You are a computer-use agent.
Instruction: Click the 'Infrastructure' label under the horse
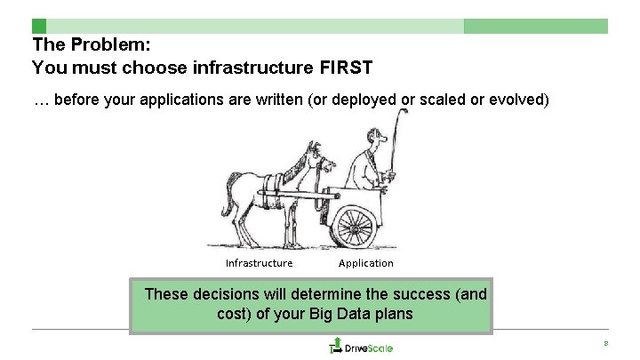(x=259, y=263)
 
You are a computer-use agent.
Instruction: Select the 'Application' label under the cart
(x=365, y=263)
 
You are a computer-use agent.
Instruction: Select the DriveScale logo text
(x=369, y=348)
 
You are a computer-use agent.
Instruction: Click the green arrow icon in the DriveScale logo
(x=336, y=345)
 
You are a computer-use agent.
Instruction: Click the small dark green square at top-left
(x=38, y=26)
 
